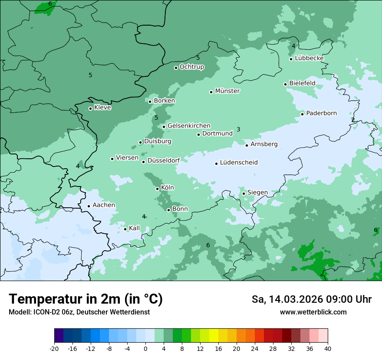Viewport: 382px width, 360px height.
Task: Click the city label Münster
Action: tap(227, 91)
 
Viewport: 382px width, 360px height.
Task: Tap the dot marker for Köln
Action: tap(158, 189)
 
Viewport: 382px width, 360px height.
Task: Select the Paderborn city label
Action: tap(321, 114)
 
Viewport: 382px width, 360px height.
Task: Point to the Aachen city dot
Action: tap(89, 206)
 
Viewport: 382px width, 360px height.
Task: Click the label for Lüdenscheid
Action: tap(239, 163)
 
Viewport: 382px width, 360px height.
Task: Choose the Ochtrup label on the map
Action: tap(191, 67)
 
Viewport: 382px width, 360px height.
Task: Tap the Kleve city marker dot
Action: tap(90, 108)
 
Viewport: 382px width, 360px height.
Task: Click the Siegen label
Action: tap(257, 193)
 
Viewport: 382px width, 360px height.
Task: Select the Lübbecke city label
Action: tap(309, 58)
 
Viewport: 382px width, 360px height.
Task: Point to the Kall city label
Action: tap(134, 228)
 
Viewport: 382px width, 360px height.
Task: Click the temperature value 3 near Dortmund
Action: tap(238, 129)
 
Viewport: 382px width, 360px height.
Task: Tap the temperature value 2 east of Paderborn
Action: tap(353, 120)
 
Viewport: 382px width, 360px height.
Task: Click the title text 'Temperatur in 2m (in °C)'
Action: tap(86, 299)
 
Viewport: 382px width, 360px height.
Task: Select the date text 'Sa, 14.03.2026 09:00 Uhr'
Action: tap(311, 299)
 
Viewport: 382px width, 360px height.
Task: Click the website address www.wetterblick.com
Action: tap(313, 312)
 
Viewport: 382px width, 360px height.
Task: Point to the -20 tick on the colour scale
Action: tap(54, 348)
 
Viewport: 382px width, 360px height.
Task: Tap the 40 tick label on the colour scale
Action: tap(328, 348)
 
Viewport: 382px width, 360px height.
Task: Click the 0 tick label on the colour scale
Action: tap(145, 348)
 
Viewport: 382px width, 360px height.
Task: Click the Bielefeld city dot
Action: tap(286, 84)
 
